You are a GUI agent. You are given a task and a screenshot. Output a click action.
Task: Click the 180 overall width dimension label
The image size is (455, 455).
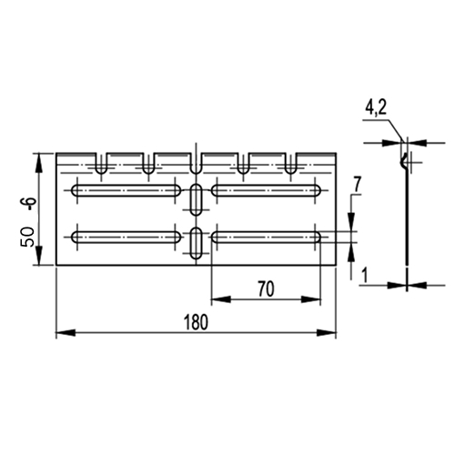click(x=197, y=322)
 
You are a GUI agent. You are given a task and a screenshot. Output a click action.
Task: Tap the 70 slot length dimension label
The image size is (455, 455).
click(x=266, y=289)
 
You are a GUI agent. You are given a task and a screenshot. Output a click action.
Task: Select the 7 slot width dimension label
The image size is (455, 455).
click(x=357, y=185)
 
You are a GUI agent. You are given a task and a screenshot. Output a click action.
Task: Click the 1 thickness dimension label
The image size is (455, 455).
click(x=365, y=276)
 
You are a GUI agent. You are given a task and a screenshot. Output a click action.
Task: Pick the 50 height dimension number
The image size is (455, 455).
click(x=27, y=237)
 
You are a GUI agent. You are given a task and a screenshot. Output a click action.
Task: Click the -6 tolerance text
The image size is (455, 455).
click(x=30, y=206)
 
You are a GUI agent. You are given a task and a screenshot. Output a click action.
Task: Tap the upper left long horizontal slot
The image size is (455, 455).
click(x=126, y=190)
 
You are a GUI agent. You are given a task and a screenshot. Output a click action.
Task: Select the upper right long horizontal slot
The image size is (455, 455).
click(x=266, y=190)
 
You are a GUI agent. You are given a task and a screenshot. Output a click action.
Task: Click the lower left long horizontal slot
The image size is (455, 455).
click(x=126, y=238)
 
